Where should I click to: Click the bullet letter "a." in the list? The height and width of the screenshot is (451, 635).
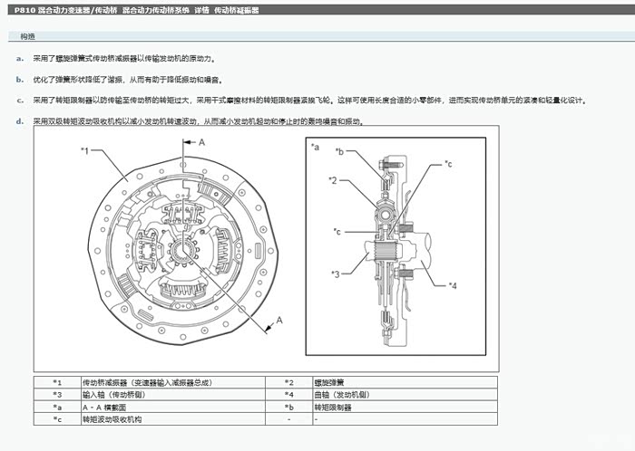(x=19, y=58)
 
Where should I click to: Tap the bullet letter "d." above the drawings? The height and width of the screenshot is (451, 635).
(x=19, y=120)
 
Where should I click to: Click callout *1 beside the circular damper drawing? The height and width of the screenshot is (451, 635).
(x=84, y=150)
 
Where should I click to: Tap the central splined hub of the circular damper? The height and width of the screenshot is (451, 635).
(x=186, y=248)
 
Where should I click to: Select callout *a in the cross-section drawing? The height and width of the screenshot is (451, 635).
(x=315, y=146)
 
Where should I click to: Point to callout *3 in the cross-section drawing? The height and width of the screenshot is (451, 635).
(x=335, y=273)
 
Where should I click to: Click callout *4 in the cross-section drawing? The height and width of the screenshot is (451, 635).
(x=453, y=285)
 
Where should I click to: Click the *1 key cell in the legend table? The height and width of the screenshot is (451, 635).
(x=57, y=382)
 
